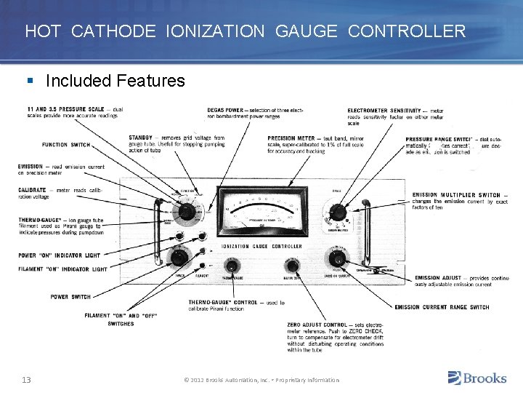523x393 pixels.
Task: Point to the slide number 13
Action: tap(25, 379)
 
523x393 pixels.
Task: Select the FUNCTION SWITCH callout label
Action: tap(66, 145)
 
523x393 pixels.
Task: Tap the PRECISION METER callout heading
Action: tap(291, 138)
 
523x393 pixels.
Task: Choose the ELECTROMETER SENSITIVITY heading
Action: tap(387, 110)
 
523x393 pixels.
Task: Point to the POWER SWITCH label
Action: tap(70, 297)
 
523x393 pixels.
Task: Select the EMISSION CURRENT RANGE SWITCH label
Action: tap(442, 307)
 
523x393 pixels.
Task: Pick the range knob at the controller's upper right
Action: tap(336, 213)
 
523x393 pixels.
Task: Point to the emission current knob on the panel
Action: tap(336, 258)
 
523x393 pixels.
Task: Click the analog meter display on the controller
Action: tap(261, 212)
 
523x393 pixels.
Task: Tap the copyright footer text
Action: tap(261, 380)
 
